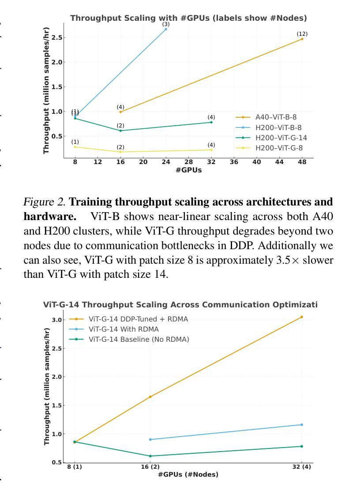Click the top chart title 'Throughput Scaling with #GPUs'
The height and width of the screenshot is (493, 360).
pos(188,18)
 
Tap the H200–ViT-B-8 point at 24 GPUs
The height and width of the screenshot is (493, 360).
pos(166,29)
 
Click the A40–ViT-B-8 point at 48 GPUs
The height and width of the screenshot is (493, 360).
pos(302,39)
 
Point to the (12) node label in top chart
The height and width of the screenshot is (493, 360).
pos(302,34)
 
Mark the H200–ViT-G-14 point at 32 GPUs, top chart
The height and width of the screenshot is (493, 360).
pos(211,122)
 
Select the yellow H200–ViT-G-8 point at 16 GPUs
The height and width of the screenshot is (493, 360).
pos(120,152)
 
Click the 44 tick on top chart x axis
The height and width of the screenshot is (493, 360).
pos(279,162)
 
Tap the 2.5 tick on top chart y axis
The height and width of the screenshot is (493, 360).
pos(56,37)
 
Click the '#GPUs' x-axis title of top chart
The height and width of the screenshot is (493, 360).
pos(188,170)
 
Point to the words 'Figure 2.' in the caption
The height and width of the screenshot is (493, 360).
pos(45,202)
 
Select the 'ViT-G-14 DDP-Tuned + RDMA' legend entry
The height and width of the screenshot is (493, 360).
pos(138,319)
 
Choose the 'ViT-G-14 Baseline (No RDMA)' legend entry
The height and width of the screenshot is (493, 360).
pos(139,340)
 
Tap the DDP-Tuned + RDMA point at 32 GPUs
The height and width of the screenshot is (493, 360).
pos(302,317)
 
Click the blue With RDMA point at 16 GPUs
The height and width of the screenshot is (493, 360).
pos(150,440)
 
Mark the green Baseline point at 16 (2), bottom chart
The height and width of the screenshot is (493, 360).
pos(150,456)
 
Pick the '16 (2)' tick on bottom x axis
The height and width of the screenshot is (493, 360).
pos(150,467)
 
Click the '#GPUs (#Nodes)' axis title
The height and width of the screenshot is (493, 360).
pos(188,474)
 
